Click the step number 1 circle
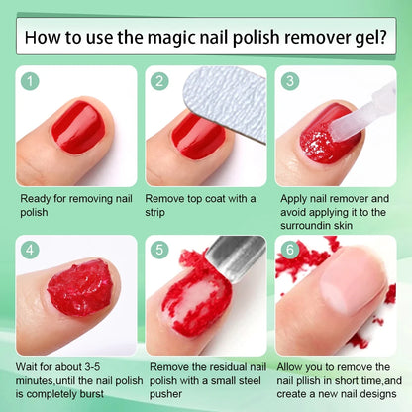click(32, 82)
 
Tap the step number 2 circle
click(160, 82)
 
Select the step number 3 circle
click(289, 82)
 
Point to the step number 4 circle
click(32, 251)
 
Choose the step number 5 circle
click(160, 251)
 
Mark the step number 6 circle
click(289, 251)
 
